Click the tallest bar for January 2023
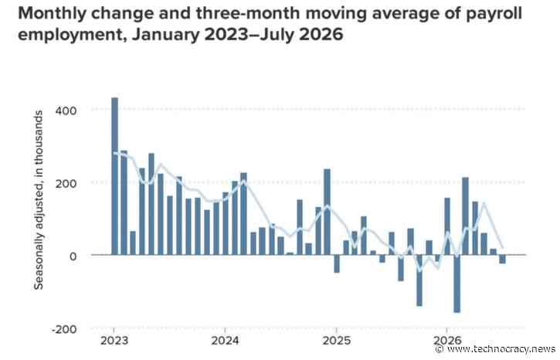coord(114,176)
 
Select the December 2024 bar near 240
coord(327,212)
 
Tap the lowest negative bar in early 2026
coord(456,284)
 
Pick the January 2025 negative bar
coord(337,263)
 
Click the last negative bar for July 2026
coord(503,259)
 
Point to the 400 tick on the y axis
coord(66,110)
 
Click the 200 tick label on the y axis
coord(66,184)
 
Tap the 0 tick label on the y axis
coord(73,256)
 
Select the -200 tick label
coord(64,329)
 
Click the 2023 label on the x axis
coord(114,341)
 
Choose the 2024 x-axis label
coord(225,341)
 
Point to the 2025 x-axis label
coord(337,341)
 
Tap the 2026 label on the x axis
coord(447,341)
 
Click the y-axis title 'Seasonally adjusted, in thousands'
coord(39,200)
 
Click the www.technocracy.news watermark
coord(497,349)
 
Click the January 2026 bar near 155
coord(447,226)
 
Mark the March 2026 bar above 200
coord(465,216)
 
